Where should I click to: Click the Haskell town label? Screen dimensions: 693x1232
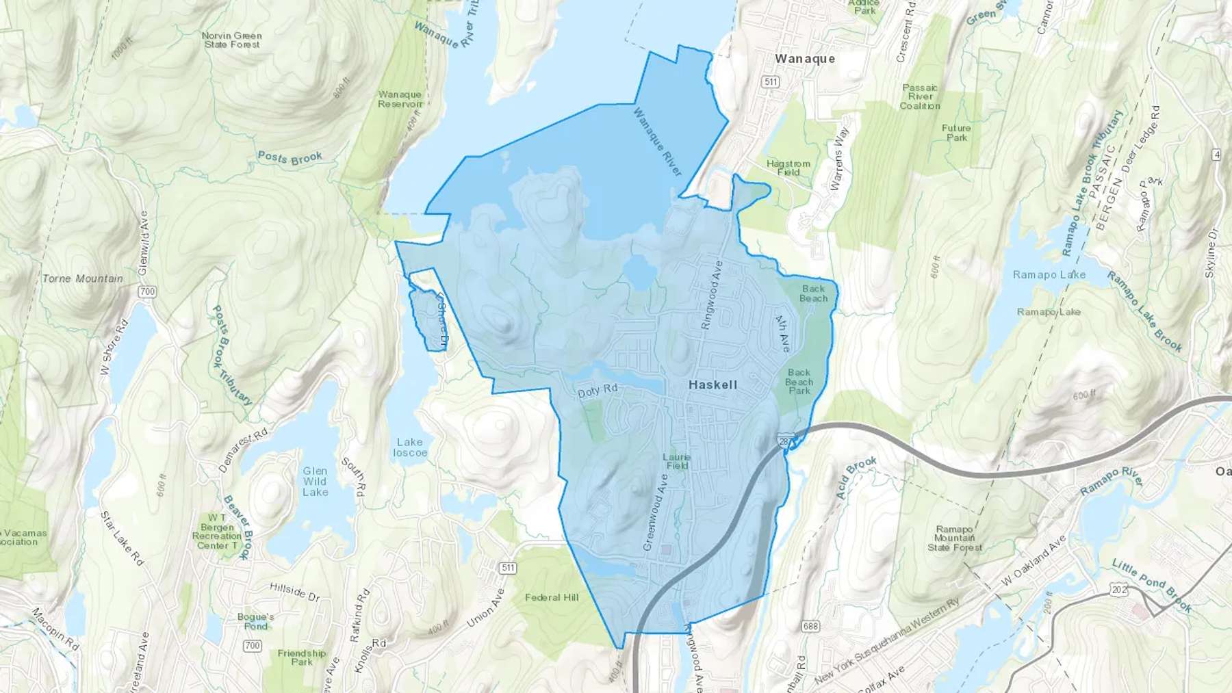click(x=713, y=385)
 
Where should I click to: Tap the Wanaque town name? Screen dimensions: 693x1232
click(x=805, y=59)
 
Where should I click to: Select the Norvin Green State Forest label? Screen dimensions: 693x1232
click(x=232, y=40)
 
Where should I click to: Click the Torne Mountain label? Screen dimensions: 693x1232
click(x=83, y=278)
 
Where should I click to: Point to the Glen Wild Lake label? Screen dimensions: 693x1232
click(x=315, y=482)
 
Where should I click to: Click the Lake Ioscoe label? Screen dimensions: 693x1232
click(x=410, y=447)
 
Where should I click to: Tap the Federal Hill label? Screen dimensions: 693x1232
click(x=552, y=597)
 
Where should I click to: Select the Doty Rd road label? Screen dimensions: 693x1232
click(x=598, y=391)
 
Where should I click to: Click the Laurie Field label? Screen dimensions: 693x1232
click(x=676, y=461)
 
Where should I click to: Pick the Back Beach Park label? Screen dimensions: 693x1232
click(x=799, y=382)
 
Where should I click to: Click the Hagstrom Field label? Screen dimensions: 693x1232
click(x=788, y=168)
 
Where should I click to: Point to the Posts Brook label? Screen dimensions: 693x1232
click(x=290, y=158)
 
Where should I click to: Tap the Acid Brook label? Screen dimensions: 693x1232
click(x=856, y=476)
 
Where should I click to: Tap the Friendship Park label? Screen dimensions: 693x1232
click(x=302, y=657)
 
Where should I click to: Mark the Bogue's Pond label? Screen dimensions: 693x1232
click(x=256, y=621)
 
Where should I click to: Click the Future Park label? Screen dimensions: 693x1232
click(x=956, y=133)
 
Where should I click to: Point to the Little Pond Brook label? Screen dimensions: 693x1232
click(x=1151, y=586)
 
